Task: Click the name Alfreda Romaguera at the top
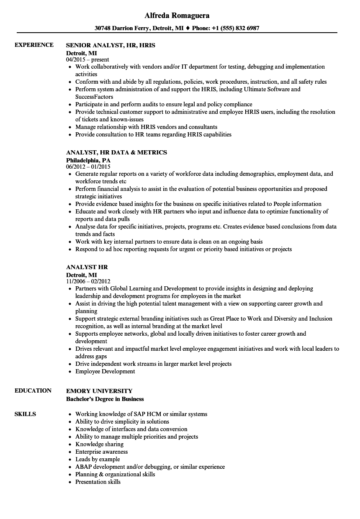click(177, 15)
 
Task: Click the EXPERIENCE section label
click(34, 45)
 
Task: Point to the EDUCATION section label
click(33, 391)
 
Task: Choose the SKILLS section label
click(25, 414)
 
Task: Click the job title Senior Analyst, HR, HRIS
click(111, 45)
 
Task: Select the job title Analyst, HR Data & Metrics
click(116, 152)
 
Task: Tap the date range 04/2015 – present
click(87, 59)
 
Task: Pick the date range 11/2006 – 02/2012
click(88, 281)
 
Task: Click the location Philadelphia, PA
click(88, 160)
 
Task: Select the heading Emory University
click(99, 391)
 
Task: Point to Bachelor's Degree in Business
click(105, 399)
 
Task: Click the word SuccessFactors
click(94, 97)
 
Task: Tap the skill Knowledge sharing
click(99, 444)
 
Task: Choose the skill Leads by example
click(98, 459)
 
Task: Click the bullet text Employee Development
click(105, 371)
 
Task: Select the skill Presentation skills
click(98, 482)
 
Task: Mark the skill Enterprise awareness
click(101, 452)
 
